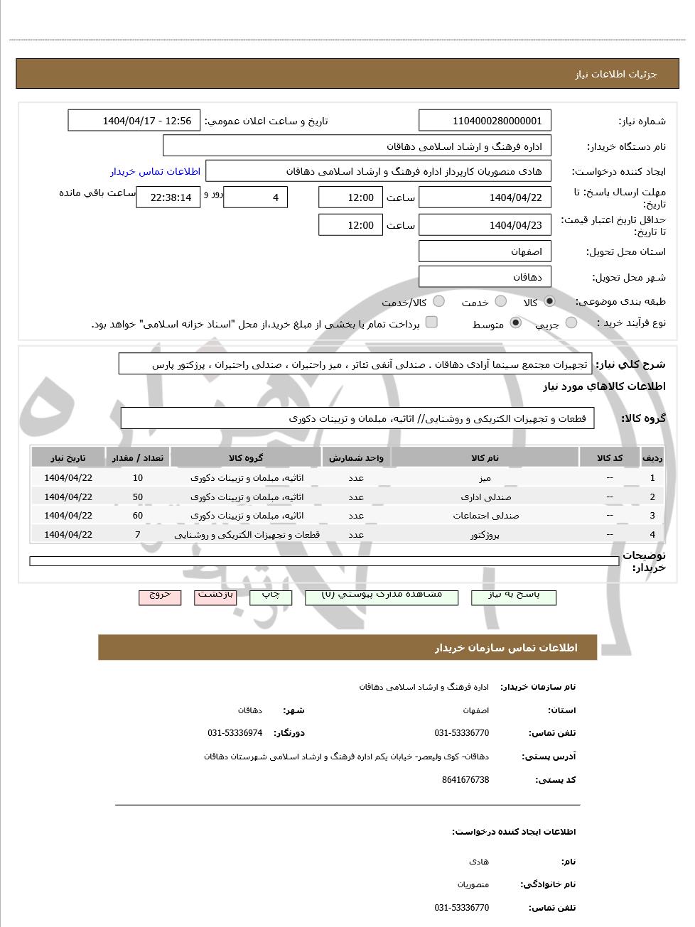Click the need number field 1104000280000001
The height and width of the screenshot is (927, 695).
pyautogui.click(x=485, y=121)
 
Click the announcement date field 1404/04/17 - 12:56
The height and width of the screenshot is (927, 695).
pyautogui.click(x=134, y=121)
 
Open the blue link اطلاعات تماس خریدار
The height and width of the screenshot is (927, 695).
pyautogui.click(x=155, y=172)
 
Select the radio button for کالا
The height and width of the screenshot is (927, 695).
pyautogui.click(x=549, y=301)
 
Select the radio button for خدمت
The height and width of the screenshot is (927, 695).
pyautogui.click(x=501, y=301)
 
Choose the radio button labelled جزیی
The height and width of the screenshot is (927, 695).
pyautogui.click(x=571, y=323)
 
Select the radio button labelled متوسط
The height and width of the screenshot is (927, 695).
pyautogui.click(x=516, y=323)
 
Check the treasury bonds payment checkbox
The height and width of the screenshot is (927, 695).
pyautogui.click(x=431, y=322)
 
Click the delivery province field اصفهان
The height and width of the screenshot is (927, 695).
pyautogui.click(x=485, y=251)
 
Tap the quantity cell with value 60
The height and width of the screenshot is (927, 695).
pyautogui.click(x=138, y=516)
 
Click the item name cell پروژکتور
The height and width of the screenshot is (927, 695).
pyautogui.click(x=485, y=534)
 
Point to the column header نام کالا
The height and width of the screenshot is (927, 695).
pyautogui.click(x=485, y=458)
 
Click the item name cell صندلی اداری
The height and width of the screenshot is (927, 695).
pyautogui.click(x=485, y=497)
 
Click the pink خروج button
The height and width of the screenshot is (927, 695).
pyautogui.click(x=160, y=596)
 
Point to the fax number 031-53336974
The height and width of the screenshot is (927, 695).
pyautogui.click(x=235, y=733)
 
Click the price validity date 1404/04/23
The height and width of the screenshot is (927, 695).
pyautogui.click(x=485, y=225)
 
